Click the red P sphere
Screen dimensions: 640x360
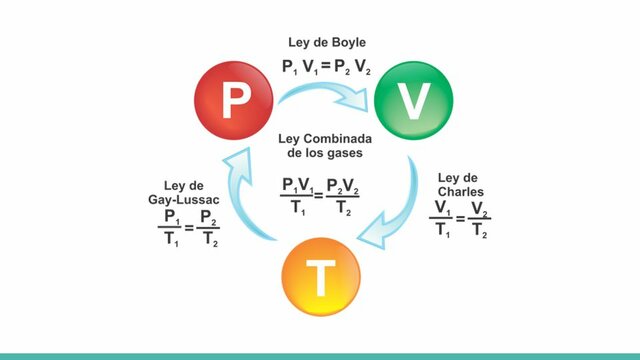click(x=237, y=99)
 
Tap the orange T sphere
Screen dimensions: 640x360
click(x=321, y=279)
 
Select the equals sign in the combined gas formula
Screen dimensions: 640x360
click(x=319, y=194)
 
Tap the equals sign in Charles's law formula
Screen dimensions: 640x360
click(x=461, y=218)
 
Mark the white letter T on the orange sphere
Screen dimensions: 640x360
click(x=321, y=281)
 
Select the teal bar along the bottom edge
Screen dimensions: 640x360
click(x=320, y=356)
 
